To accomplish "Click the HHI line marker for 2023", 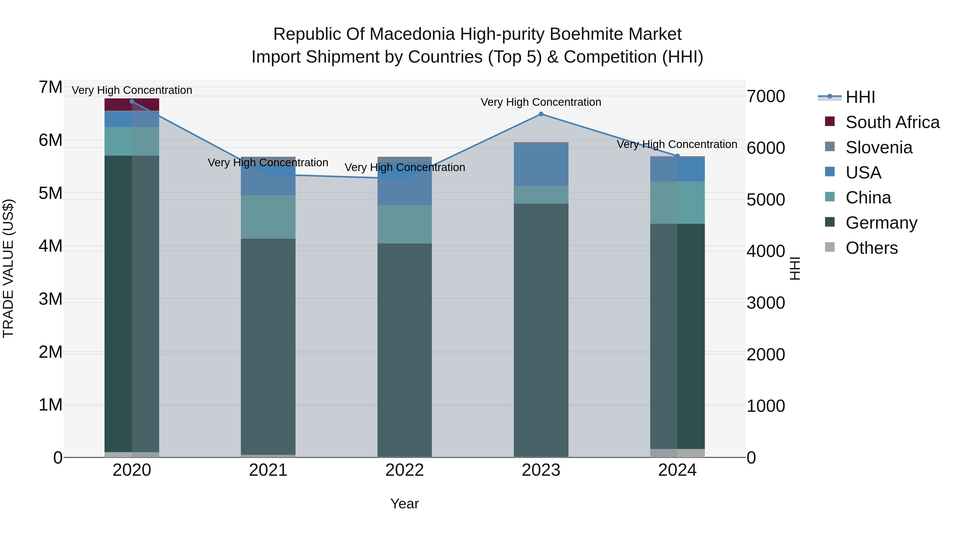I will pyautogui.click(x=541, y=114).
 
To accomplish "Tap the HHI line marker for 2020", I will pyautogui.click(x=132, y=102).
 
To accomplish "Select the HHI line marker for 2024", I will pyautogui.click(x=677, y=156).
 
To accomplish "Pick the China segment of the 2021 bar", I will pyautogui.click(x=268, y=217).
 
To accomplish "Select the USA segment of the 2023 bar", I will pyautogui.click(x=541, y=165).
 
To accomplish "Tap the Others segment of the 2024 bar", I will pyautogui.click(x=677, y=453).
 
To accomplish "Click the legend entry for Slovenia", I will pyautogui.click(x=879, y=147).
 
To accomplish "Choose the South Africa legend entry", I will pyautogui.click(x=892, y=122).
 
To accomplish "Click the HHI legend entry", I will pyautogui.click(x=860, y=97).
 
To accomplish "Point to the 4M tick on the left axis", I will pyautogui.click(x=50, y=246).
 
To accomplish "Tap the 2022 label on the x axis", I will pyautogui.click(x=405, y=470).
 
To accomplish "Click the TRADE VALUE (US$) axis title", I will pyautogui.click(x=8, y=268).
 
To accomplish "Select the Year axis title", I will pyautogui.click(x=405, y=504).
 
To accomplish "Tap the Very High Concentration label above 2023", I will pyautogui.click(x=541, y=102).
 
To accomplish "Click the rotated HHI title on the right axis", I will pyautogui.click(x=795, y=268).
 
